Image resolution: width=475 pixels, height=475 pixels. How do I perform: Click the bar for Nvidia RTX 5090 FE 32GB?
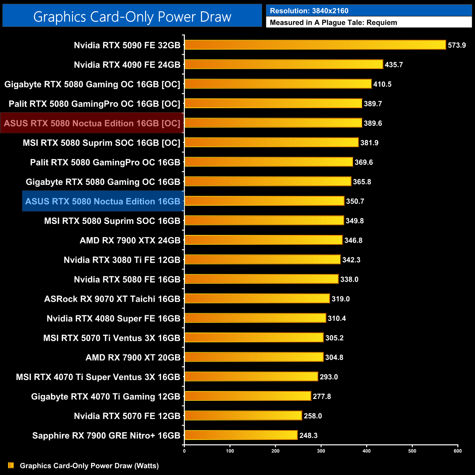(x=315, y=45)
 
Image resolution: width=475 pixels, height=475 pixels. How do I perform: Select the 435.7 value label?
(x=394, y=65)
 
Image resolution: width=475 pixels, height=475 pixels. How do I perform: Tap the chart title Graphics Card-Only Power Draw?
(x=132, y=16)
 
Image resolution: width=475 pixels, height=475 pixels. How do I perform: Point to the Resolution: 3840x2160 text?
(x=309, y=11)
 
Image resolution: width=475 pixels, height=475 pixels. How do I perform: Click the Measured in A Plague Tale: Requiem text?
(x=333, y=23)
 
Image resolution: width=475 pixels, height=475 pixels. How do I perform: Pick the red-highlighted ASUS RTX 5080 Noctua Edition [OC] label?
(x=92, y=123)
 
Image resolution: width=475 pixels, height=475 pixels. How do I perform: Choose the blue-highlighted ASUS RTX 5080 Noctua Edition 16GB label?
(x=103, y=201)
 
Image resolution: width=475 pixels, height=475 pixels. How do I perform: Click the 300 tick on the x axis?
(x=321, y=451)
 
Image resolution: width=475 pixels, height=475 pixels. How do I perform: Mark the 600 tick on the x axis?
(x=457, y=451)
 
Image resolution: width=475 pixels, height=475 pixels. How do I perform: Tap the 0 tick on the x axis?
(x=184, y=451)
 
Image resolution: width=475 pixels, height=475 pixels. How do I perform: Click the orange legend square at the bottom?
(x=11, y=465)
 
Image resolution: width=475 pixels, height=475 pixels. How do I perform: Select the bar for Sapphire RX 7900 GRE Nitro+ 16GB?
(x=241, y=435)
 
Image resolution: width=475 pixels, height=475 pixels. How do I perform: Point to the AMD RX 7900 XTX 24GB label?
(x=130, y=240)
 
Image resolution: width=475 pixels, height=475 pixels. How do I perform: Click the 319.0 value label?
(x=341, y=299)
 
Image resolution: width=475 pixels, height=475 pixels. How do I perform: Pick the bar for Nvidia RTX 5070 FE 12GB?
(x=243, y=416)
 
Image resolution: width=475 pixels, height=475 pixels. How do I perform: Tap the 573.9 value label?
(x=457, y=45)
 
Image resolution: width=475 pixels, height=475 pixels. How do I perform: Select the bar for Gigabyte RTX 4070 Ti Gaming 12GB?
(x=248, y=396)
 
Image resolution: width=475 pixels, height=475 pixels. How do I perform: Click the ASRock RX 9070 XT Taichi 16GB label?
(x=112, y=299)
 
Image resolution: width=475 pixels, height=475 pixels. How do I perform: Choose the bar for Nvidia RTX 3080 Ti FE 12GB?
(x=262, y=260)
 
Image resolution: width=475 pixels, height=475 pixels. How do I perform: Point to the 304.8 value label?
(x=334, y=357)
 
